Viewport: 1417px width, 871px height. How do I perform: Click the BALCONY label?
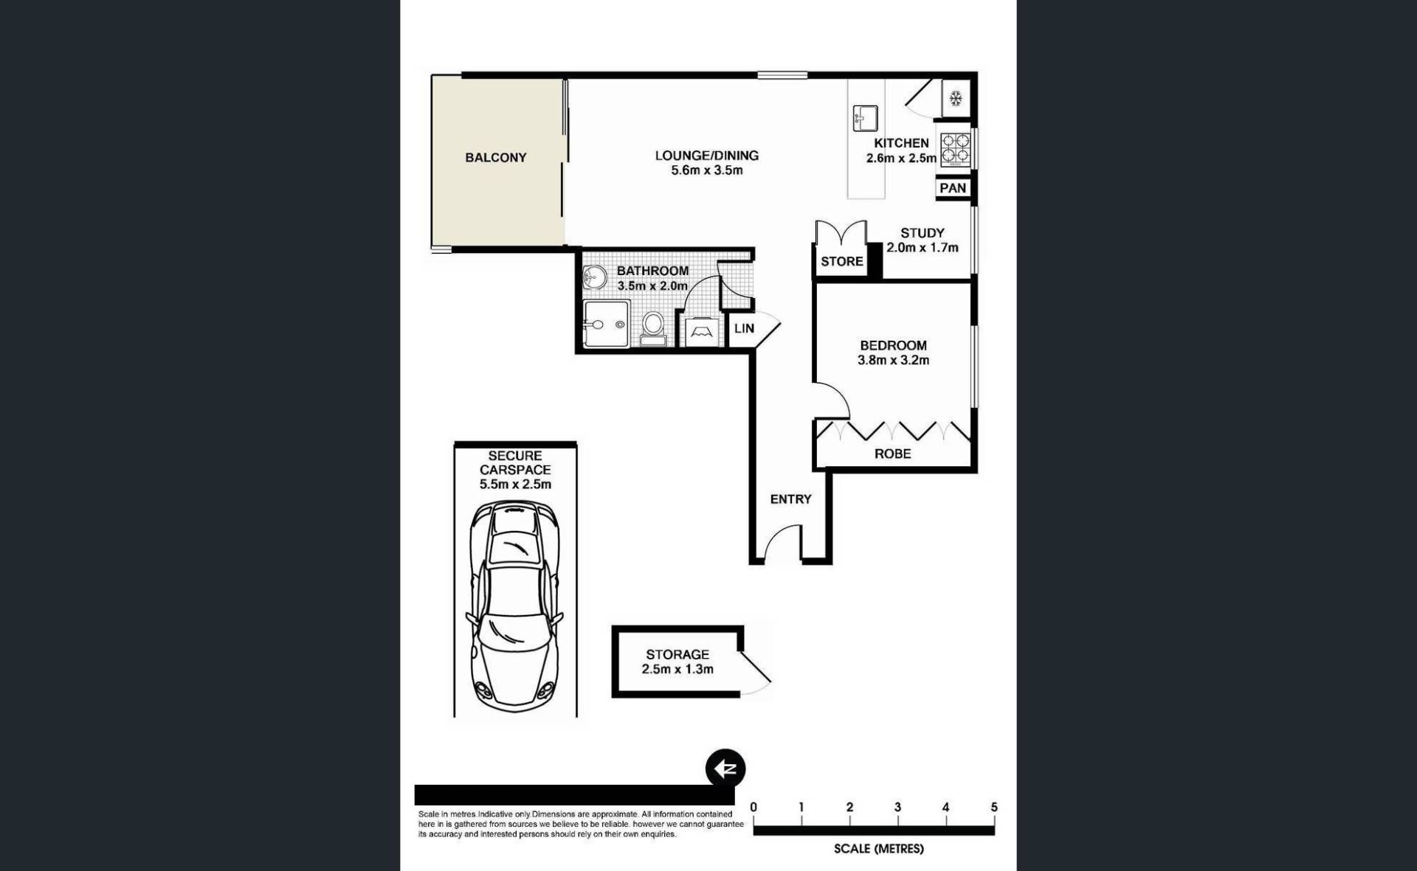point(495,158)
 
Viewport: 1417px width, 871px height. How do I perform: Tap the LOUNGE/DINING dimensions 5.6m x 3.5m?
point(707,170)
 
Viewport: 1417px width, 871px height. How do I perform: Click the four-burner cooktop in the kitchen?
point(955,148)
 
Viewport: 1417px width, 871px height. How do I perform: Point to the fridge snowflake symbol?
point(956,98)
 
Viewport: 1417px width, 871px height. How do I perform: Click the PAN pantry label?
point(953,188)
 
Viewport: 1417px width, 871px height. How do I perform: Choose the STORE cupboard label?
point(842,262)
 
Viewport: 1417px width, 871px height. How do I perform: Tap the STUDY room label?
point(923,233)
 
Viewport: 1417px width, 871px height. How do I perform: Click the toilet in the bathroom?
point(653,328)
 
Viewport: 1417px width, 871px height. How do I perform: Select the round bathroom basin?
point(594,278)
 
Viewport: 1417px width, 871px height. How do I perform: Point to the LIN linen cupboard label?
point(744,328)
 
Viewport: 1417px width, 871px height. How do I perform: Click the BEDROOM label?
point(893,345)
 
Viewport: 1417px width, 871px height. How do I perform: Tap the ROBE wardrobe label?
point(892,454)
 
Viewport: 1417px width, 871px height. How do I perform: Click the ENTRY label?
point(790,499)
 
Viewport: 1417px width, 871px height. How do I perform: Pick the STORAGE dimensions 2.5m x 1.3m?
point(678,670)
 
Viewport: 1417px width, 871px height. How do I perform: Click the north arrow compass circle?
point(725,768)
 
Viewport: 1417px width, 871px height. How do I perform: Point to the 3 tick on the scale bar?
point(897,819)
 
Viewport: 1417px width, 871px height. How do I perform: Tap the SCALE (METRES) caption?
point(879,849)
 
